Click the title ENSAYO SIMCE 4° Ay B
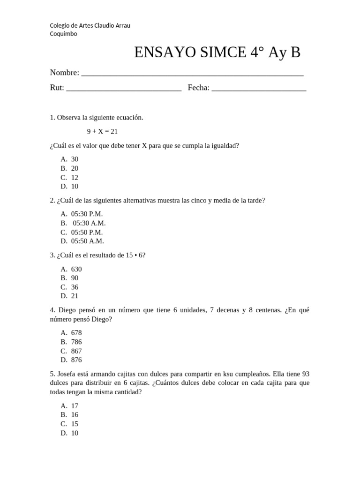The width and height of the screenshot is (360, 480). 217,53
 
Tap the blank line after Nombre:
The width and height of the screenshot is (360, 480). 192,74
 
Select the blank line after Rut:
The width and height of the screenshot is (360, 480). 124,89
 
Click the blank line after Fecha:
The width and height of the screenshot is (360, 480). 259,89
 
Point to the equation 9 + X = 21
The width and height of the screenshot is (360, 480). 102,132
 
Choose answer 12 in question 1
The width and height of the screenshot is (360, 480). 75,178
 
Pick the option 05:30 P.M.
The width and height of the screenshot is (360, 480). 87,214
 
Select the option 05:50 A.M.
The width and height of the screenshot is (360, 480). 87,241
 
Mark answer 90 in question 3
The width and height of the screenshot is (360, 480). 75,278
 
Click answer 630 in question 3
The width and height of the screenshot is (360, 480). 76,269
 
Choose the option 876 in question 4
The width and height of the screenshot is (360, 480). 76,360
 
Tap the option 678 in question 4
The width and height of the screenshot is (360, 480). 76,333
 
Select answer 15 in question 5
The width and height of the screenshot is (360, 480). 75,424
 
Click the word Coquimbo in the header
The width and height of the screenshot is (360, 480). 64,34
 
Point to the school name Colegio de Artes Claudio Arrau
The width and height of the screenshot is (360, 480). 90,25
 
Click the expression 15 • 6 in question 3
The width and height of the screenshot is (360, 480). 135,255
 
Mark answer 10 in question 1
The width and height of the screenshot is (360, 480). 75,187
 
